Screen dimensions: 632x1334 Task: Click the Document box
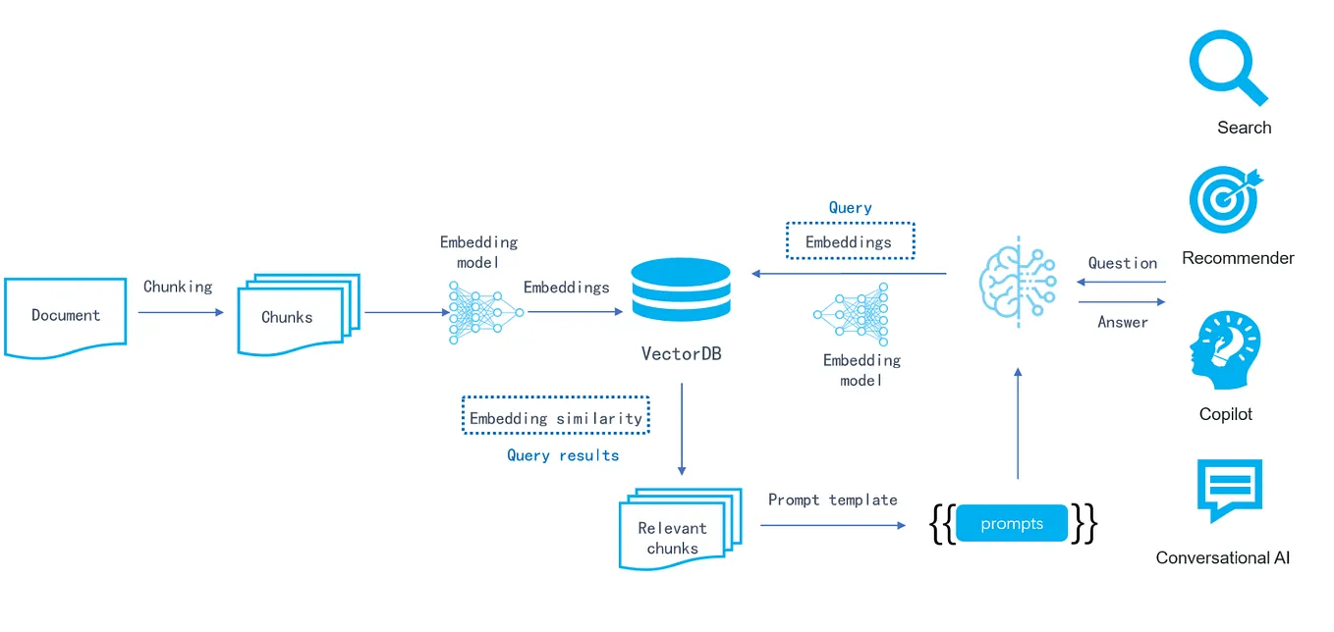point(66,316)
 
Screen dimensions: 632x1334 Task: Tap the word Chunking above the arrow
point(178,287)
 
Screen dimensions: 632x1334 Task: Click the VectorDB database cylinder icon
point(681,290)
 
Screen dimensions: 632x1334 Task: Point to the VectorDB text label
point(681,353)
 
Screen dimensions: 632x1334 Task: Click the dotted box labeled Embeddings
point(850,241)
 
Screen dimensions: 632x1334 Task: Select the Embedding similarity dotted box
point(556,417)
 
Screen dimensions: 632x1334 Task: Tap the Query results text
point(563,455)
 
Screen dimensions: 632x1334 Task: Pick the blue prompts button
point(1012,524)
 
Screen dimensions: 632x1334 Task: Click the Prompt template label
point(833,500)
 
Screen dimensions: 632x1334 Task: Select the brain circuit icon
point(1018,281)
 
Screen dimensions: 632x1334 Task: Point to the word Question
point(1123,263)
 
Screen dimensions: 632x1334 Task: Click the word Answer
point(1123,322)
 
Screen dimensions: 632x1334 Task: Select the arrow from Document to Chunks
point(181,313)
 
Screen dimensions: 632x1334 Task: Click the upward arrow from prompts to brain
point(1018,423)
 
